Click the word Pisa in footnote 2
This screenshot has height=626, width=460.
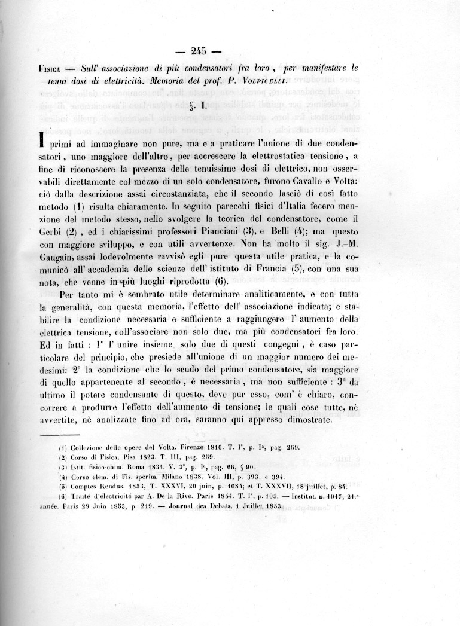click(x=123, y=458)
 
